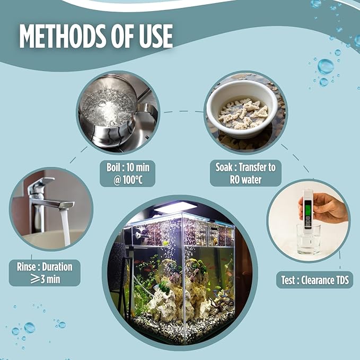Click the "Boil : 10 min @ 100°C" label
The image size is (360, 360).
(x=128, y=173)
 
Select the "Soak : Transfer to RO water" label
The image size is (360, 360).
(x=245, y=173)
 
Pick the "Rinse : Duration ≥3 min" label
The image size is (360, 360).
(x=45, y=273)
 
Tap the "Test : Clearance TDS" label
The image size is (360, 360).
(x=315, y=280)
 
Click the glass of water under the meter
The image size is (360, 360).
(x=309, y=240)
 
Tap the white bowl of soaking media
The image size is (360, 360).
(x=242, y=109)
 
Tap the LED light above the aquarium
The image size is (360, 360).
(x=175, y=207)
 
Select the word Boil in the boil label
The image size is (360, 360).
(x=113, y=168)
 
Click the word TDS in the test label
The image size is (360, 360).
(x=343, y=280)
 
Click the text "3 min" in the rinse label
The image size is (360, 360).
(x=50, y=279)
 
